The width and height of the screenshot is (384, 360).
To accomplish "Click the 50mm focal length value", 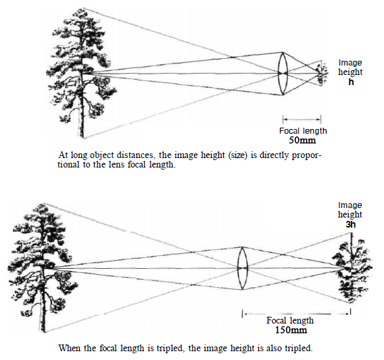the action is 302,140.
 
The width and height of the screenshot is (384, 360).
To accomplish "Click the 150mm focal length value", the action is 291,330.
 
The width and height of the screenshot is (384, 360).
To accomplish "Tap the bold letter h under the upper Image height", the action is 351,82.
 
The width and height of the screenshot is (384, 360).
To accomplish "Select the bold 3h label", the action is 350,225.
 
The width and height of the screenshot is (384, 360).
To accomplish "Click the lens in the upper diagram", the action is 283,74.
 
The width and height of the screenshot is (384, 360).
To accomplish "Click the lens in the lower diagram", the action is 243,268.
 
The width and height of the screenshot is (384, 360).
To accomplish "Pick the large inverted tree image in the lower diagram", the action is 352,268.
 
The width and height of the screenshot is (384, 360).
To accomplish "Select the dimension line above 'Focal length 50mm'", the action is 302,120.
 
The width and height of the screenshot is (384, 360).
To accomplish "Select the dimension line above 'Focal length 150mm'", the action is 296,313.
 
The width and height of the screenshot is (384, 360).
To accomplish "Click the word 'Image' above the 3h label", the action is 350,205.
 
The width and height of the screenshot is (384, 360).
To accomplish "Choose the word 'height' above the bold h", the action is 350,72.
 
